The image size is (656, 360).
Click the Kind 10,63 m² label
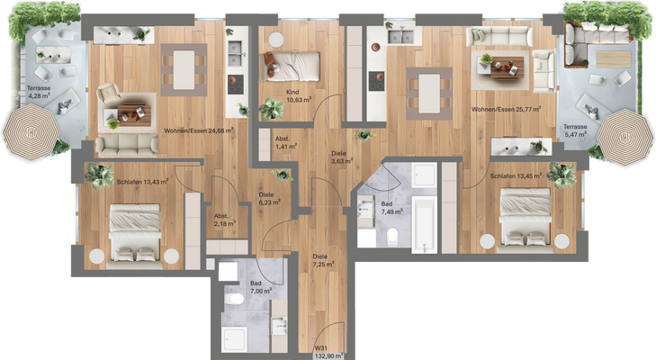point(296,96)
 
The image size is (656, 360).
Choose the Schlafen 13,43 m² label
point(144,181)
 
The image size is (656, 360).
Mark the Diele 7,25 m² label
point(321,261)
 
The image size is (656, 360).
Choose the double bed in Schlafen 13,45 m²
point(525,216)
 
